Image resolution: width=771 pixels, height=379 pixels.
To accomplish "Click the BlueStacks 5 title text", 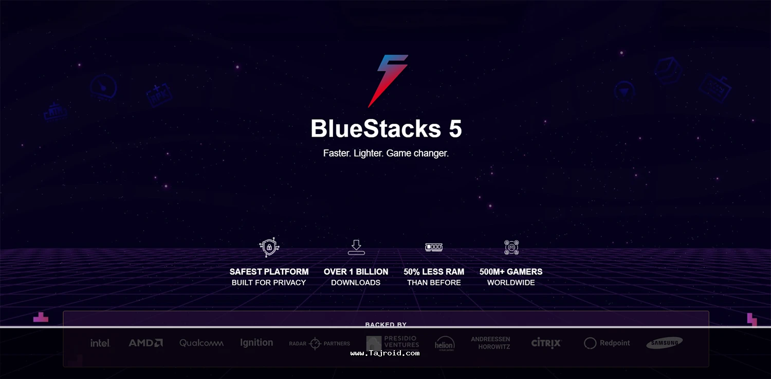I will click(386, 129).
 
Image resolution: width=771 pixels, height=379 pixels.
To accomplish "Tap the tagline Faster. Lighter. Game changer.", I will click(386, 153).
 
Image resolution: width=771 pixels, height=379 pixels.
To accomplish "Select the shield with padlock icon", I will click(269, 248).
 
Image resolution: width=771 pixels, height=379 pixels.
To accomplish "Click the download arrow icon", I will click(356, 247).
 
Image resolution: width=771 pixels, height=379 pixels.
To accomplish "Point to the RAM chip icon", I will click(434, 248).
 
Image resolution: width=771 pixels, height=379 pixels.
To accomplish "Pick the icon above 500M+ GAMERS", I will click(511, 248).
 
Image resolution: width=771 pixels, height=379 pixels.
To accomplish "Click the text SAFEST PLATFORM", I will click(269, 272).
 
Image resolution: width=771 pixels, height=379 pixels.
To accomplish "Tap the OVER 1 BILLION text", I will click(356, 272).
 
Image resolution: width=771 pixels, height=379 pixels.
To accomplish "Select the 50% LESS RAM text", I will click(434, 272).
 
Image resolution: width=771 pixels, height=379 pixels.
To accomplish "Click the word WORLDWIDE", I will click(511, 282).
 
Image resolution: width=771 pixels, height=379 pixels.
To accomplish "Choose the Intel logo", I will click(100, 343).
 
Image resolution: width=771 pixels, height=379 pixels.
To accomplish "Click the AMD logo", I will click(145, 343).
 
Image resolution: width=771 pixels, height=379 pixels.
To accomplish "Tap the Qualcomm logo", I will click(201, 343).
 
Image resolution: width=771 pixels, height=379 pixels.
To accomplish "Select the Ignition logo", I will click(256, 343).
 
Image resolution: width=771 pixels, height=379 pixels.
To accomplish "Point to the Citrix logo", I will click(546, 343).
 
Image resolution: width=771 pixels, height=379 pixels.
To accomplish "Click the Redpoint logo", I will click(607, 343).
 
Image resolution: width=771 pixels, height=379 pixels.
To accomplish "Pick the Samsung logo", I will click(665, 343).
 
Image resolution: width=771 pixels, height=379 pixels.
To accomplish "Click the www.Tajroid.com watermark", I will click(385, 353).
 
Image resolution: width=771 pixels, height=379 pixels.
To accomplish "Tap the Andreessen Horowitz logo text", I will click(490, 343).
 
